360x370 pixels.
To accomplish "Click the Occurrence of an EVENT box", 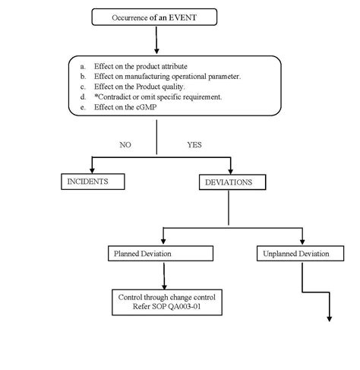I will pos(155,15).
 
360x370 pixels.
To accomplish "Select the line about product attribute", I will pos(141,66).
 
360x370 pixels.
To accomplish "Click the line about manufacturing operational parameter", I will pos(167,76).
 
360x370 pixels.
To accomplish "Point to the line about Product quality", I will pos(144,86).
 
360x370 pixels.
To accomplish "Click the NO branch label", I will pos(126,144).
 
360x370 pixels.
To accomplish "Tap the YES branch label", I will pos(195,144).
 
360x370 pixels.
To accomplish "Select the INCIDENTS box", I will pos(92,182).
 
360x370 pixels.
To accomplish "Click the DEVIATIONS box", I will pos(234,183).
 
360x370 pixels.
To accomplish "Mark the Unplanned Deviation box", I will pos(302,253).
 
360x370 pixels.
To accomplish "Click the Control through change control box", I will pos(168,302).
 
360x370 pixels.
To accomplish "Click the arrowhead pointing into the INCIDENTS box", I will pos(92,169).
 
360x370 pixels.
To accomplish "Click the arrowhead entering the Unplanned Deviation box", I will pos(302,240).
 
